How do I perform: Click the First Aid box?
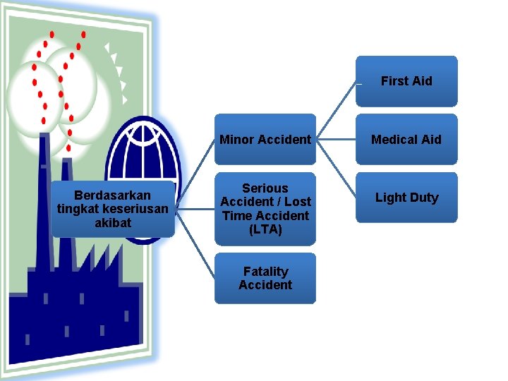(406, 81)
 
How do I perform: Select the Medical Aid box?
(406, 140)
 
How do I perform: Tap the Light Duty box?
(406, 198)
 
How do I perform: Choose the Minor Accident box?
(265, 140)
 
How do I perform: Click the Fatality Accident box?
(265, 278)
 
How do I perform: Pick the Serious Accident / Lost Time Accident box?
(265, 209)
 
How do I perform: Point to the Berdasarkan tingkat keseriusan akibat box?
(112, 209)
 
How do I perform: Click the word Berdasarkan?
(112, 195)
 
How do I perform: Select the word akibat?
(112, 222)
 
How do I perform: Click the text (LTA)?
(265, 229)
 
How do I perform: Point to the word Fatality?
(265, 272)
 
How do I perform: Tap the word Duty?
(423, 198)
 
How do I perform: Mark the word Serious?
(265, 188)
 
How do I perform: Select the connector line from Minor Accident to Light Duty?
(335, 167)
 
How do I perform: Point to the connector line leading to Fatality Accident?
(195, 243)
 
